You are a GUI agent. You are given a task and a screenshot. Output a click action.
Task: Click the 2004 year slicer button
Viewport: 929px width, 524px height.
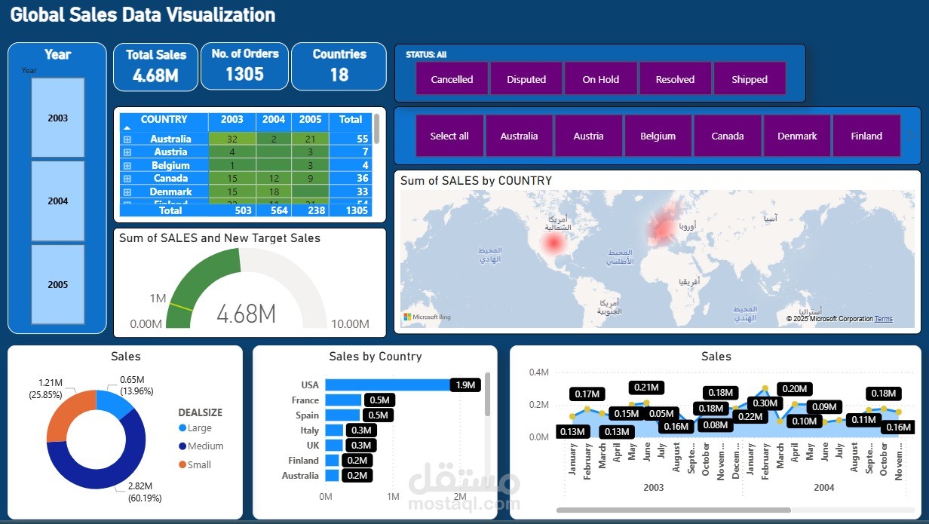tap(57, 201)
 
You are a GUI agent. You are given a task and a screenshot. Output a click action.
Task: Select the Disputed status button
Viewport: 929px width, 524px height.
tap(526, 79)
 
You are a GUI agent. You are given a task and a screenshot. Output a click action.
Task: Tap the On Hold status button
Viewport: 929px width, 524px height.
tap(600, 79)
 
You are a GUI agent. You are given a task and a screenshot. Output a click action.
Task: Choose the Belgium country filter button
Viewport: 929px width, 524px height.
tap(658, 136)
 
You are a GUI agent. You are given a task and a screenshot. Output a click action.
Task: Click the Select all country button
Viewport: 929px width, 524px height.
tap(449, 136)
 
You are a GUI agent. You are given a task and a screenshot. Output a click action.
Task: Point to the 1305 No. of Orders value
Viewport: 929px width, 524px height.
tap(244, 74)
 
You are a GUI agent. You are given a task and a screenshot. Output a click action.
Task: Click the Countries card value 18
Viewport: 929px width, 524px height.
tap(339, 74)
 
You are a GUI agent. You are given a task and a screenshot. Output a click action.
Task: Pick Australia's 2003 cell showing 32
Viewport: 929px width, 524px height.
tap(231, 139)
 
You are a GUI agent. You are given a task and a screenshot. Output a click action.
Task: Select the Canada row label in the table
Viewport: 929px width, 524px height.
tap(170, 179)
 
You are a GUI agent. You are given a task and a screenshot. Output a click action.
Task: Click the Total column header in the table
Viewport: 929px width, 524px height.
tap(351, 120)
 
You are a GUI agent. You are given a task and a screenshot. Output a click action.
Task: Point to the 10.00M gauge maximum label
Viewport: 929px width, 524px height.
tap(350, 324)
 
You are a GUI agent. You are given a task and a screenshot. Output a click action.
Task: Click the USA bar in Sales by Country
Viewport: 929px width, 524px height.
tap(388, 385)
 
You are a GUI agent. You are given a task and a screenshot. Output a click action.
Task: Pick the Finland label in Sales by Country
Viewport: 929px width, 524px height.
tap(303, 461)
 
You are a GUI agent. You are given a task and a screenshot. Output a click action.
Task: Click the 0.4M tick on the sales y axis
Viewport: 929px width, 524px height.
tap(538, 372)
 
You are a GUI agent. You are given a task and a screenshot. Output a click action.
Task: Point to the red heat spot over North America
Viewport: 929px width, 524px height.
tap(553, 243)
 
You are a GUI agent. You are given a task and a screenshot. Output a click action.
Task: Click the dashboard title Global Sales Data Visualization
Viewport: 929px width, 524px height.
tap(143, 14)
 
